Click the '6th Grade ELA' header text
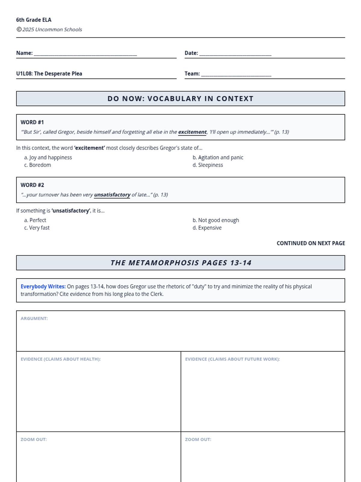pos(34,20)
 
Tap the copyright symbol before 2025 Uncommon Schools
pos(19,29)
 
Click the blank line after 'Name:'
pos(85,54)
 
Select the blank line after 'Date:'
pos(235,54)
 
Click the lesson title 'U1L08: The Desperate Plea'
pos(49,74)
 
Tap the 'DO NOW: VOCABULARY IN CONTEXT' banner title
pos(180,99)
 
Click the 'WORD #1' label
pos(32,122)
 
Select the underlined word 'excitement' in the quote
pos(192,132)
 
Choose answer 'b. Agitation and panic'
pos(218,157)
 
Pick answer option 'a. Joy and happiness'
pos(48,157)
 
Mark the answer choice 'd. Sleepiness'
pos(208,165)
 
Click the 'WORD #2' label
pos(32,185)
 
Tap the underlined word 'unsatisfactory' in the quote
pos(112,195)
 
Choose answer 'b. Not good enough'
pos(216,220)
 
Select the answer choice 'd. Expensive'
pos(207,228)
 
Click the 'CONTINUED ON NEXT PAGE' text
pos(311,243)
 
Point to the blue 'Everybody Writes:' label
pos(43,286)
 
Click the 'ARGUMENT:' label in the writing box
pos(34,318)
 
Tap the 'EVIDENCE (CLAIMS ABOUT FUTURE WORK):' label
pos(232,359)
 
